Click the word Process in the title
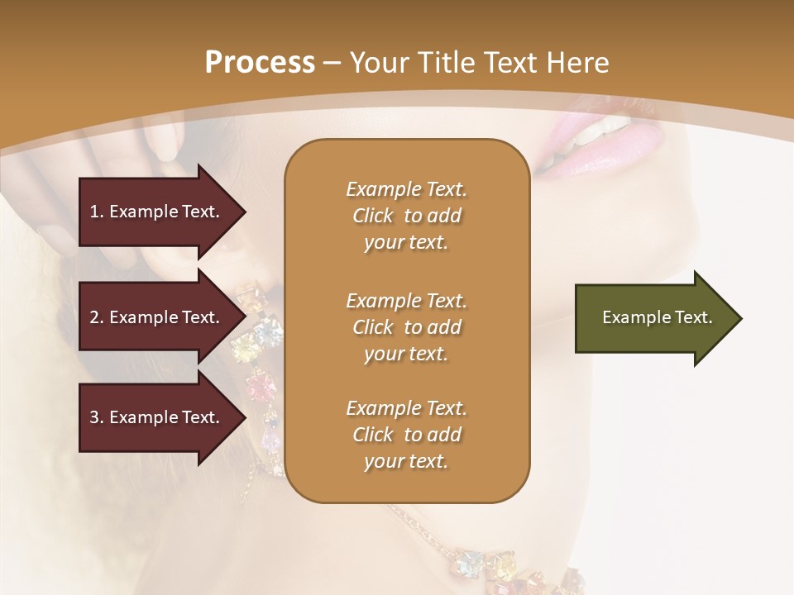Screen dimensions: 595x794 (260, 63)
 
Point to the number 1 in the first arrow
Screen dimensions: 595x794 (94, 212)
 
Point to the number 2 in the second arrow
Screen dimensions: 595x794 (94, 317)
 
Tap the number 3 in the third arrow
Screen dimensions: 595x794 (94, 417)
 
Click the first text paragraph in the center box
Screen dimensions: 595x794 (406, 216)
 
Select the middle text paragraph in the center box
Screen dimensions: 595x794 (406, 327)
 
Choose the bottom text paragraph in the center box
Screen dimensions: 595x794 (406, 435)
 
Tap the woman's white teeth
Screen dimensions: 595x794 (608, 128)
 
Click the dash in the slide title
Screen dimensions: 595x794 (332, 63)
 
